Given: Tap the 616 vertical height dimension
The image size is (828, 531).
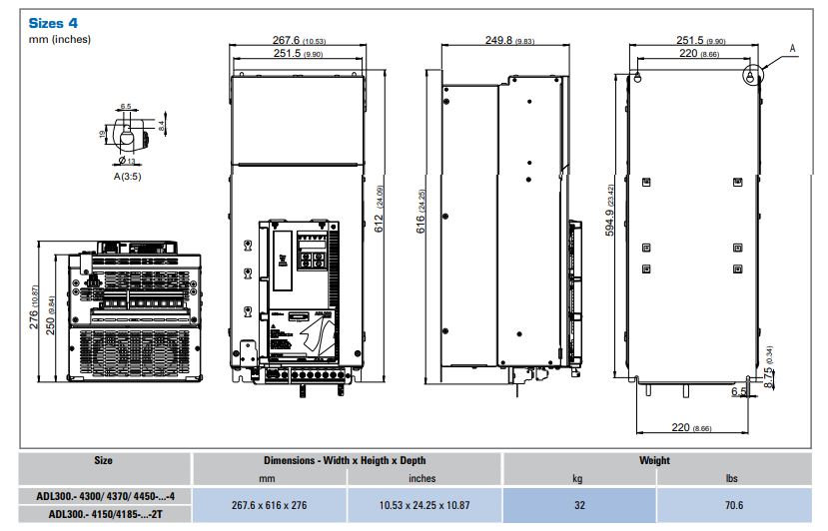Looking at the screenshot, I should [420, 229].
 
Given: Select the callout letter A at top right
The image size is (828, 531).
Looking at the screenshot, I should [793, 47].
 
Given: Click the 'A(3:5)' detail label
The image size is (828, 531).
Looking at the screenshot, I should [127, 176].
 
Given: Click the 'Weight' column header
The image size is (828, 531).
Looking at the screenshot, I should [654, 461].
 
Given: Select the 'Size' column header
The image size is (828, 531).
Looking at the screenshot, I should [103, 461].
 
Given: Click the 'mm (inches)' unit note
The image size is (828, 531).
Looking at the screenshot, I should [60, 39].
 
